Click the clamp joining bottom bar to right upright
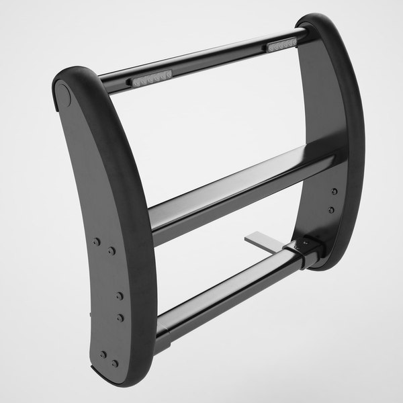(x=306, y=249)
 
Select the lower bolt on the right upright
(x=332, y=210)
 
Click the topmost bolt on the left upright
(x=97, y=240)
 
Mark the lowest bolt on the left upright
(x=116, y=363)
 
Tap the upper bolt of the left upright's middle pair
(x=120, y=296)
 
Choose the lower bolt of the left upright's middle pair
(x=120, y=316)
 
